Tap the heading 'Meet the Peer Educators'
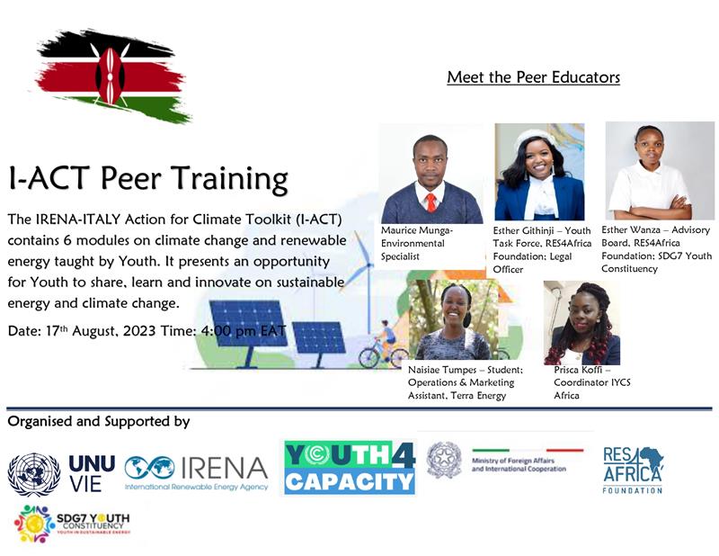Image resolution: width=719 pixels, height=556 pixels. tap(533, 77)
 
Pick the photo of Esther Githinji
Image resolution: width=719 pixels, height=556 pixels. tap(539, 173)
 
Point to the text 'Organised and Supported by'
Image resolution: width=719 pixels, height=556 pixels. tap(99, 421)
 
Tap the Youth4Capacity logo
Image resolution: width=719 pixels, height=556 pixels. tap(349, 468)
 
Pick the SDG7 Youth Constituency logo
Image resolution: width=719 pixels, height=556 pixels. tap(72, 523)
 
